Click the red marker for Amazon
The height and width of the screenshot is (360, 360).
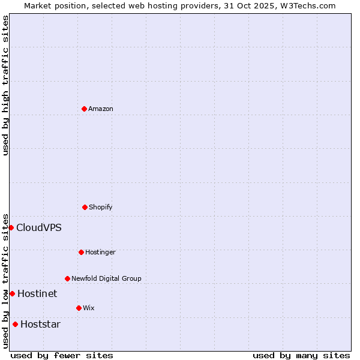click(84, 109)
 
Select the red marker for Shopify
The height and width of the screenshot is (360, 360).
click(85, 207)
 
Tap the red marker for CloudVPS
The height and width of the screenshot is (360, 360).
click(11, 227)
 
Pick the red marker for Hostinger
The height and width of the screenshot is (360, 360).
click(81, 252)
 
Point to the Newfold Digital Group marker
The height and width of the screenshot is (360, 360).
click(67, 278)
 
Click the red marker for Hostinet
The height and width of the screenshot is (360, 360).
click(12, 293)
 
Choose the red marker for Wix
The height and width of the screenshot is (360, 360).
click(79, 308)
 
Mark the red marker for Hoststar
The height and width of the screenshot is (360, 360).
click(15, 324)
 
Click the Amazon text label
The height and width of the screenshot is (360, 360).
click(101, 109)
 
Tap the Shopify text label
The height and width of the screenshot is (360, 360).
click(101, 207)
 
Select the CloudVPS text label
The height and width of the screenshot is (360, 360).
click(39, 227)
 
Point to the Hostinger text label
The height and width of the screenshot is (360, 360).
click(100, 252)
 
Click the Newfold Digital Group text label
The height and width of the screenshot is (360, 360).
click(106, 278)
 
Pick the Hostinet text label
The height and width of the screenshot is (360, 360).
click(37, 293)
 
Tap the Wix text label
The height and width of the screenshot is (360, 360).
click(89, 308)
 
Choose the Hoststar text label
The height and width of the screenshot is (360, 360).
click(40, 324)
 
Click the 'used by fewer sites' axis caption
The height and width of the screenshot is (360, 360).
click(62, 355)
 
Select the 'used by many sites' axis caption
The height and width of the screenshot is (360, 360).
click(301, 355)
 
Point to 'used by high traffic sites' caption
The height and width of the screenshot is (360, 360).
click(5, 85)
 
